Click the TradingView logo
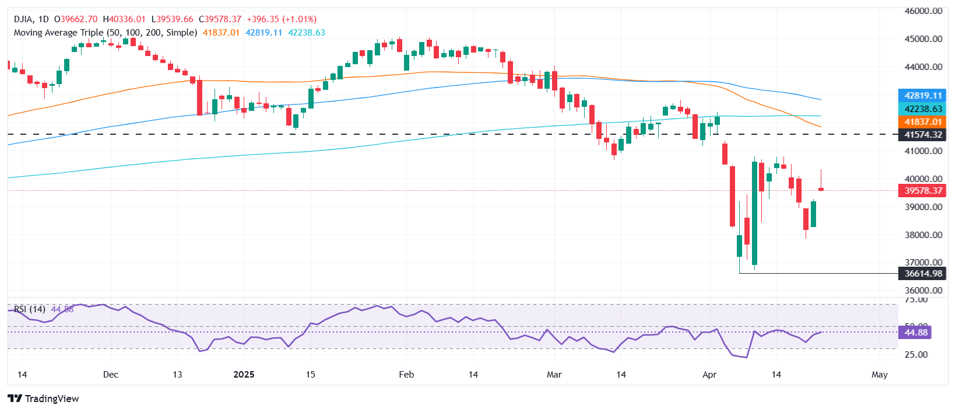point(44,399)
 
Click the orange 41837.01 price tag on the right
point(923,122)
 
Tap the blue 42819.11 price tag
point(923,96)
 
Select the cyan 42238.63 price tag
point(923,109)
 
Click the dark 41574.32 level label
point(923,135)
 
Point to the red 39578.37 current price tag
point(923,191)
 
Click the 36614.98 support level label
point(923,274)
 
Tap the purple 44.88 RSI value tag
point(915,333)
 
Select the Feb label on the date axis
point(406,374)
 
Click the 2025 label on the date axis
point(244,374)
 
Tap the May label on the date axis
point(879,374)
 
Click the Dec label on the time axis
point(110,374)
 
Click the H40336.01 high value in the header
point(124,19)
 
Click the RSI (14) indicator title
point(29,309)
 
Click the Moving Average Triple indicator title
point(105,33)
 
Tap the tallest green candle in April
point(754,214)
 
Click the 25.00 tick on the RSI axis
point(915,355)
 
